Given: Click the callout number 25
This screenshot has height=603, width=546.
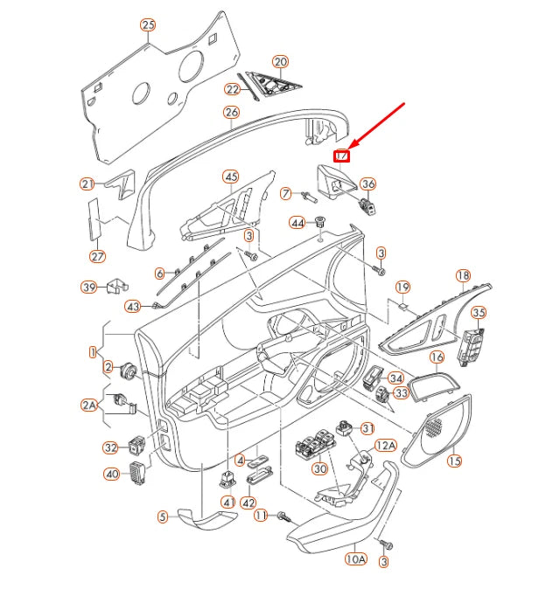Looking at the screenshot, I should (148, 25).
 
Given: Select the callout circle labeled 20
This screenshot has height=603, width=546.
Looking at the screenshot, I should (280, 62).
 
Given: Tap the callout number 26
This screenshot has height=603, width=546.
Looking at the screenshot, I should (231, 113).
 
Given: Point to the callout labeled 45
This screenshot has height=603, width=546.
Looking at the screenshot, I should (231, 177).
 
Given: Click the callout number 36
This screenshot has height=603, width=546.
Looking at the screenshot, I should (368, 184).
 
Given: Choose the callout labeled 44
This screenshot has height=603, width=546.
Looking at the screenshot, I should (298, 224).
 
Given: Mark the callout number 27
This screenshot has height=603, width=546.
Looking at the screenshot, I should (98, 257).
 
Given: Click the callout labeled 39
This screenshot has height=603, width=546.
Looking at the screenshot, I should (89, 288).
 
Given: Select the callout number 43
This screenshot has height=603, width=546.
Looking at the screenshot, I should (133, 306).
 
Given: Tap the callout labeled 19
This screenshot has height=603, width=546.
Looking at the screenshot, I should (402, 288).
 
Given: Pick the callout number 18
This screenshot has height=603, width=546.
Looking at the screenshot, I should (463, 276).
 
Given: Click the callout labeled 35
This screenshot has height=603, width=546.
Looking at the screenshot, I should (478, 313).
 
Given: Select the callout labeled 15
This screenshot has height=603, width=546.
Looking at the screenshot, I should (454, 460).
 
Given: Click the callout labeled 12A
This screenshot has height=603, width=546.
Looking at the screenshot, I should (386, 446).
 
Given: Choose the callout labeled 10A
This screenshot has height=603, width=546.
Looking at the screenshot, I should (355, 558).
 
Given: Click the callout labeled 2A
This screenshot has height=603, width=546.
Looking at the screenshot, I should (90, 405).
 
